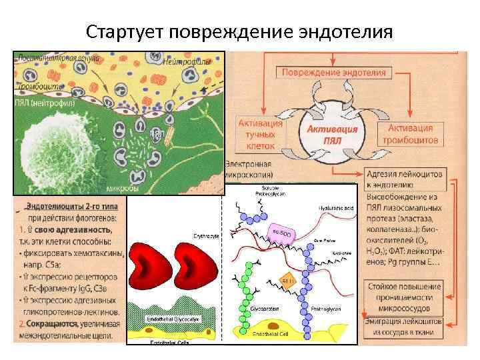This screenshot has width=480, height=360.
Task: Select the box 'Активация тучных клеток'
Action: point(261,132)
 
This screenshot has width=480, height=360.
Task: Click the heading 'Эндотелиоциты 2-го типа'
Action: point(70,206)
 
